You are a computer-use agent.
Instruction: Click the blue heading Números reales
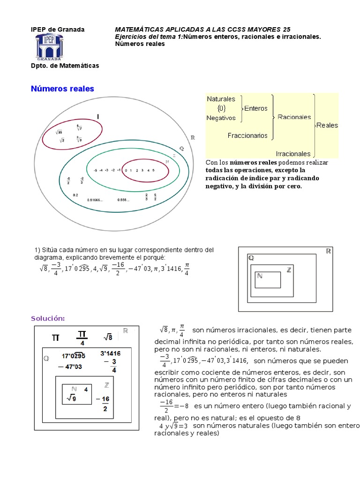[62, 89]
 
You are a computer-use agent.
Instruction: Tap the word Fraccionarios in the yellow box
[247, 136]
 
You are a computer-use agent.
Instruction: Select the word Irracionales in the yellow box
[293, 153]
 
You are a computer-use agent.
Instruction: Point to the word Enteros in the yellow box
[256, 108]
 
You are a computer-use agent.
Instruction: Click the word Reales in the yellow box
[327, 125]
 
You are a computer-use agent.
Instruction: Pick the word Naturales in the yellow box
[221, 99]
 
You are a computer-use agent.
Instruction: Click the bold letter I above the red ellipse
[98, 116]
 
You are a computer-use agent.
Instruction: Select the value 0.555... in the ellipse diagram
[124, 200]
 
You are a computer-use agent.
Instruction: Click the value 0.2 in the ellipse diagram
[76, 195]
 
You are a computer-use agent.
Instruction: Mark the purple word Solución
[48, 318]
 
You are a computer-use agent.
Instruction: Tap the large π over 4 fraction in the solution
[82, 338]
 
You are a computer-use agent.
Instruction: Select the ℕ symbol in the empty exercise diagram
[260, 276]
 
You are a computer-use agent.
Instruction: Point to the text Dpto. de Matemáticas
[65, 66]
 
